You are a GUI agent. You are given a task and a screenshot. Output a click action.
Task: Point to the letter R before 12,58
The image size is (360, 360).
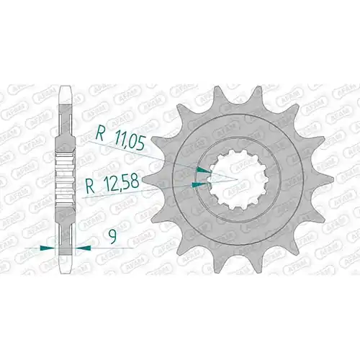[91, 186]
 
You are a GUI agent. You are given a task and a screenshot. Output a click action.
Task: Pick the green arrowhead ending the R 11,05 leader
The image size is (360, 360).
[204, 170]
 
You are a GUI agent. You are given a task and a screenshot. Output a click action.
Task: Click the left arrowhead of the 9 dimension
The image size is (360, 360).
[48, 248]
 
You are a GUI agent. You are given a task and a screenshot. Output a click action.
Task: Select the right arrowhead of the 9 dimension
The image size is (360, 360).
[83, 248]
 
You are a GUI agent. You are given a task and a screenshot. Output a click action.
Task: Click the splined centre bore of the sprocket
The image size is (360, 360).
[238, 179]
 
